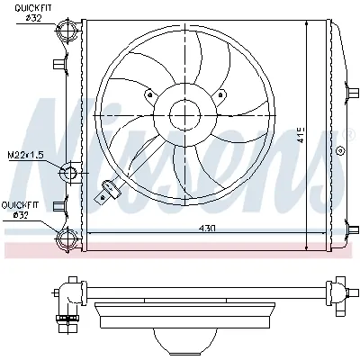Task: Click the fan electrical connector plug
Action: [110, 189]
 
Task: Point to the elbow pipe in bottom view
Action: [66, 298]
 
